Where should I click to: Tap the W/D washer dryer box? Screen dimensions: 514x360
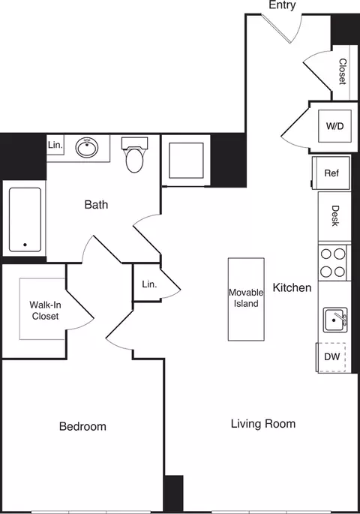334,126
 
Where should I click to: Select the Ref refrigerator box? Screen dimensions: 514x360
331,173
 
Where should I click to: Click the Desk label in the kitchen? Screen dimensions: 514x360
334,216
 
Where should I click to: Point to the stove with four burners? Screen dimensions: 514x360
333,263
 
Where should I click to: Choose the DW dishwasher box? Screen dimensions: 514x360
331,357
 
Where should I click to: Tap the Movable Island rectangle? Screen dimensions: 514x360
246,298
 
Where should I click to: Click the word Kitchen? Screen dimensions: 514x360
292,287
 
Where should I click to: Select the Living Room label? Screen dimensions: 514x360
262,424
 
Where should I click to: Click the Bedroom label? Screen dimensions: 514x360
82,426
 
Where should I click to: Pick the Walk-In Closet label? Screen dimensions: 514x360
44,311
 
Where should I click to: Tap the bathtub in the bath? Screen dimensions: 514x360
25,218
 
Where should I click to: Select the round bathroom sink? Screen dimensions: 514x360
87,147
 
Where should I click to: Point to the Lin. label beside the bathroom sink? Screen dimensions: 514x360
55,144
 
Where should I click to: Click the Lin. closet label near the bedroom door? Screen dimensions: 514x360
148,284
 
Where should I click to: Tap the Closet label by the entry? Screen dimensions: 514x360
343,72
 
